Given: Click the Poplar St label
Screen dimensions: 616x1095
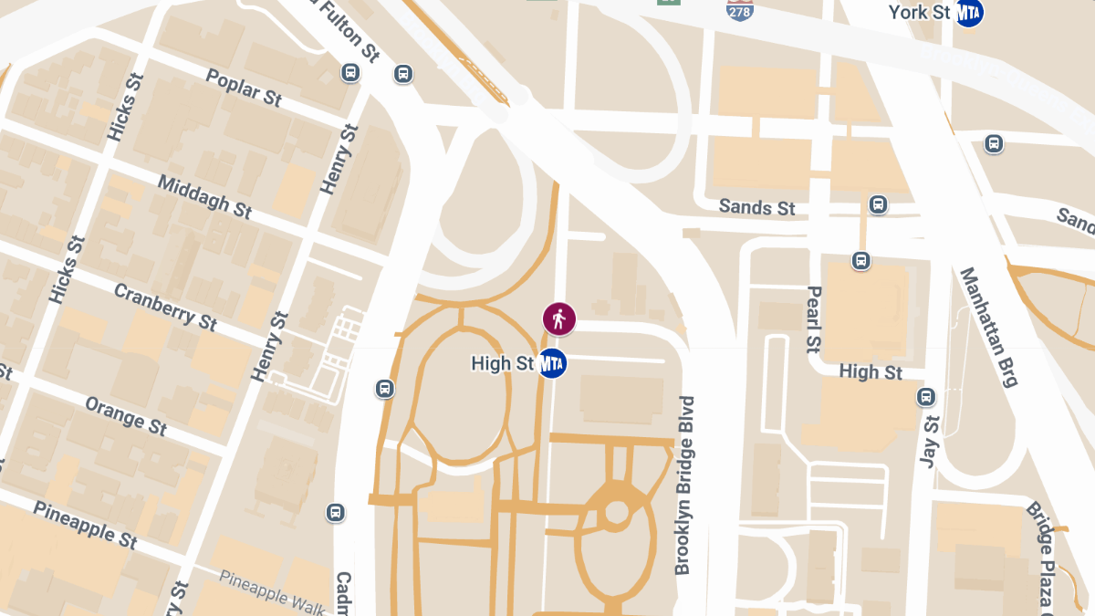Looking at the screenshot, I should (x=244, y=88).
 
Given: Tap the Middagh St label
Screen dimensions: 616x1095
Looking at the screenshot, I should (x=204, y=196).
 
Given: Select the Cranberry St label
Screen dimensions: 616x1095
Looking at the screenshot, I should (x=165, y=307).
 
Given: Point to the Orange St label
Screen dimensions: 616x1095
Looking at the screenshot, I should (x=126, y=414).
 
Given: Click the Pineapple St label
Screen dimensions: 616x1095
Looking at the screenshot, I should (x=85, y=524).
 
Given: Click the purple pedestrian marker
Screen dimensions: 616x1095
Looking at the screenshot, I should (x=558, y=318).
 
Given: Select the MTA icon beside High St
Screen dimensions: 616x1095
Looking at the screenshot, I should (x=552, y=363).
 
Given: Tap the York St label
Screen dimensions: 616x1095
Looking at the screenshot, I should (x=920, y=12).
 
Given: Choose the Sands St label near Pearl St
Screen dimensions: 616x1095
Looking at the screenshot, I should (x=756, y=208).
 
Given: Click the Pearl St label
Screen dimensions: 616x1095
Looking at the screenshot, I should (x=813, y=319).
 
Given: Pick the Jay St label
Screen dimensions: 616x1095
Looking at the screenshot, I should (x=929, y=443).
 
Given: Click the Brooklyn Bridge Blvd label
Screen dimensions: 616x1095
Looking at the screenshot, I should (x=684, y=485).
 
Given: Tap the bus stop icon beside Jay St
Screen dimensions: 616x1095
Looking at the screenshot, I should (x=926, y=397).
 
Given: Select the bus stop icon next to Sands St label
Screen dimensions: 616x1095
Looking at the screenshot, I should (x=878, y=204).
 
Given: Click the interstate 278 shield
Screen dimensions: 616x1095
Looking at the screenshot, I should (x=740, y=10).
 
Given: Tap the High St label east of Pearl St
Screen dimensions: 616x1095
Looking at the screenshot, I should (x=871, y=372).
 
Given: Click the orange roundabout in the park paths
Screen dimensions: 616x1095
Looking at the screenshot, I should (x=617, y=512).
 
